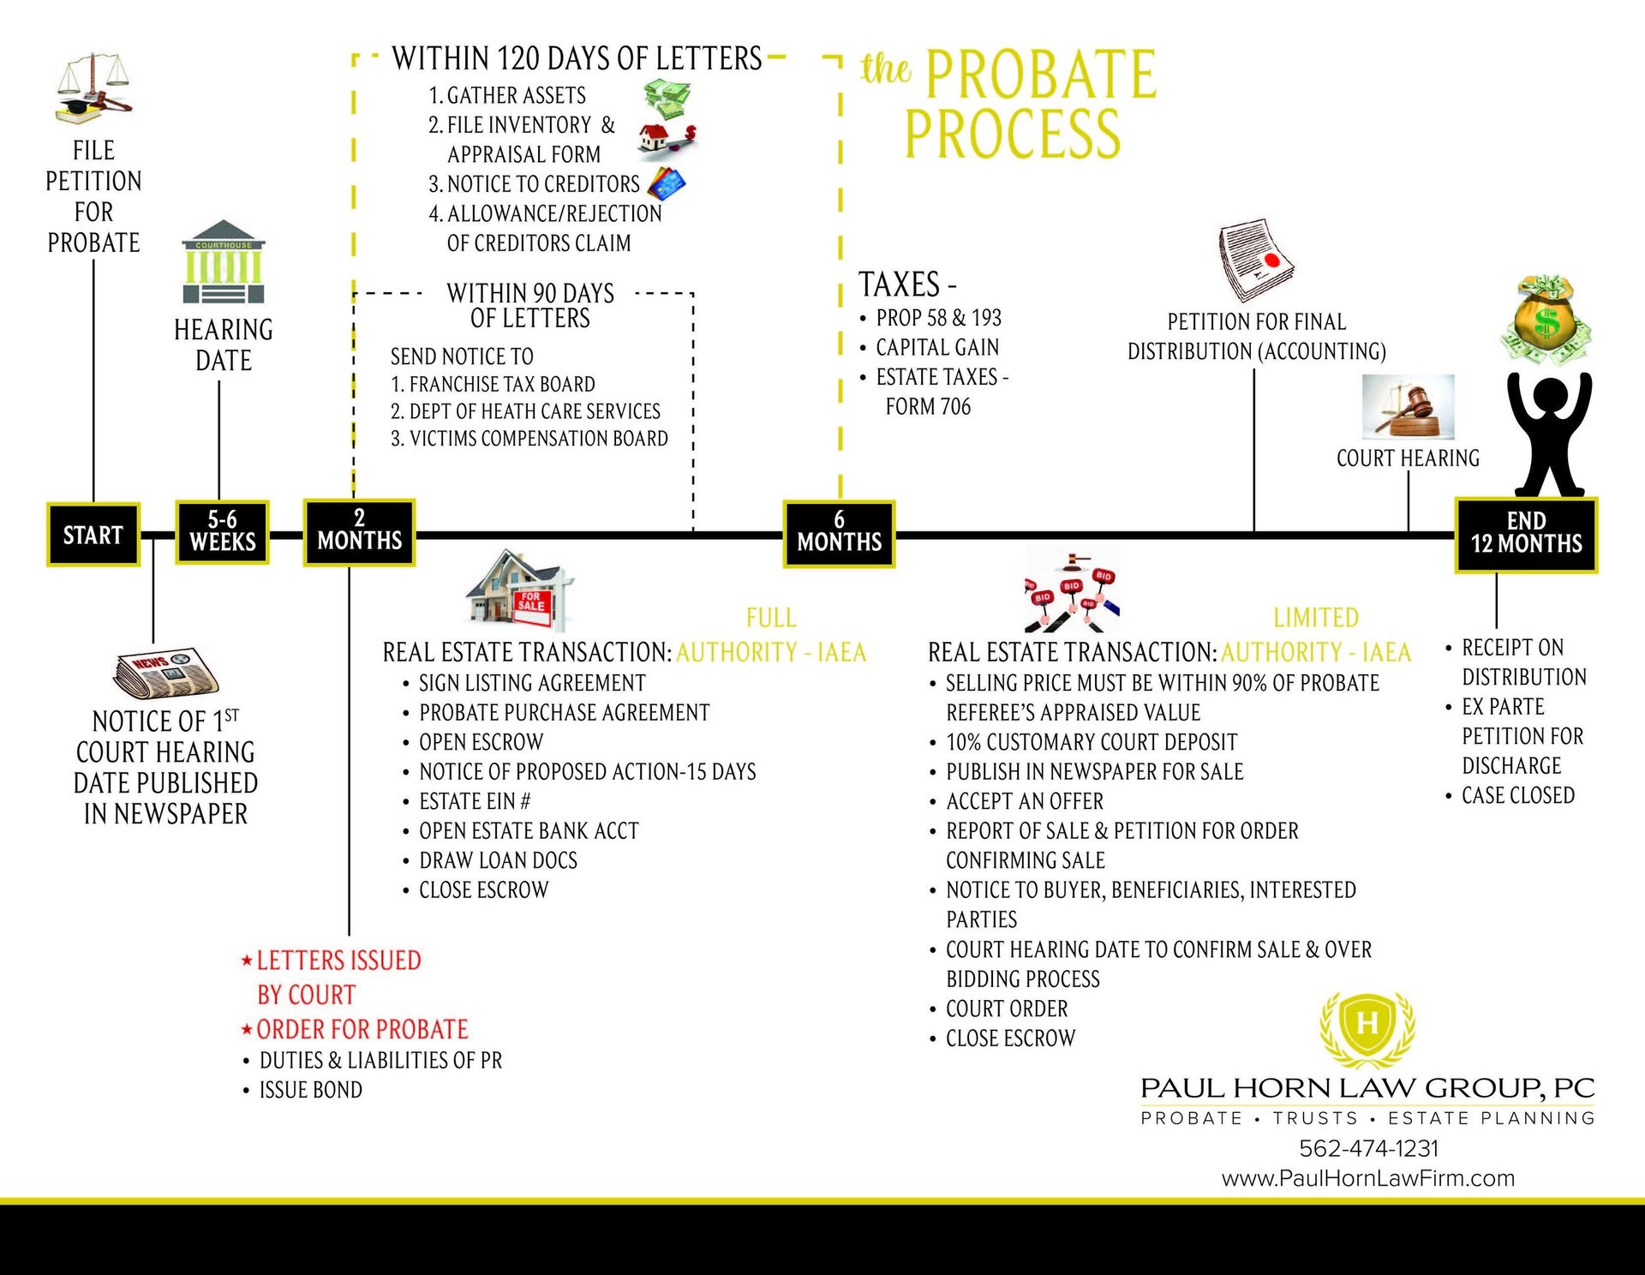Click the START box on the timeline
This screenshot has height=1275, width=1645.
(x=93, y=535)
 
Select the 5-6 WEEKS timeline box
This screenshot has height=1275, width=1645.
(x=222, y=532)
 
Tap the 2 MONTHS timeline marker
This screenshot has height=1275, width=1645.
(x=359, y=532)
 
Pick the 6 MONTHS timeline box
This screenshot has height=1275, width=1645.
(x=839, y=534)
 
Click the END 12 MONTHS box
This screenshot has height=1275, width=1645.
(x=1526, y=535)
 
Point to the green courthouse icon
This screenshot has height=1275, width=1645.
(x=224, y=262)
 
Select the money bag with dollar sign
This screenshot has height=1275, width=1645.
(x=1546, y=320)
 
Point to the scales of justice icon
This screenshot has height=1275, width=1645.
(x=94, y=87)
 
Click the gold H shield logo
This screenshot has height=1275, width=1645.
(x=1367, y=1025)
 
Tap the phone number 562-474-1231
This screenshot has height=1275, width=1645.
(x=1368, y=1148)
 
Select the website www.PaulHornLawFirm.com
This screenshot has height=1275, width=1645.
(x=1367, y=1178)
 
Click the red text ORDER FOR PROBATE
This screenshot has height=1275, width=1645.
(x=362, y=1029)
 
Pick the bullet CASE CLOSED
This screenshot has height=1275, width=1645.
(x=1517, y=796)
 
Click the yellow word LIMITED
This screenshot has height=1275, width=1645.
(x=1315, y=618)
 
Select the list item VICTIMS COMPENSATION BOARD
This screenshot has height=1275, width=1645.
(x=538, y=439)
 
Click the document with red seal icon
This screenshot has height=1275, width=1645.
(x=1255, y=260)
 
